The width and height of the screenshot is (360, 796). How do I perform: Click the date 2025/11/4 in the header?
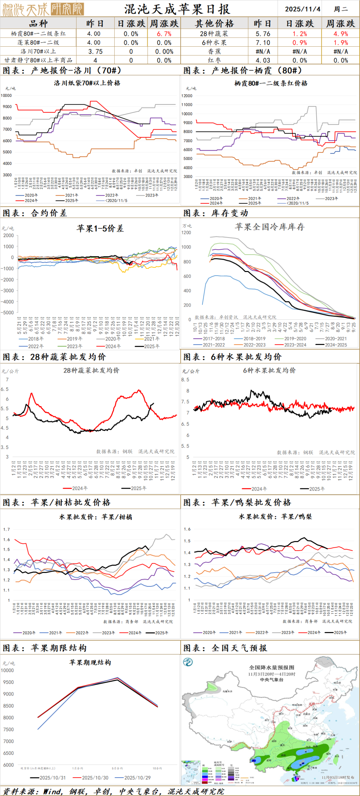[x=302, y=9]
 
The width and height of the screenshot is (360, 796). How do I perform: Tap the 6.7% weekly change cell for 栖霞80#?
[x=164, y=34]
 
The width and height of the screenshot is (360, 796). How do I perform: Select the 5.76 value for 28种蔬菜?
[x=263, y=34]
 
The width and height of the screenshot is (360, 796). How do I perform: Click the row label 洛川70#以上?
[x=38, y=51]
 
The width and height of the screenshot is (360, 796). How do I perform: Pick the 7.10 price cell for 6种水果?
[x=263, y=43]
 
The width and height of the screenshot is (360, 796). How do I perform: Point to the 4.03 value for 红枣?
[x=263, y=60]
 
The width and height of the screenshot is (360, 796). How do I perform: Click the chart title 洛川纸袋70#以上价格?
[x=87, y=83]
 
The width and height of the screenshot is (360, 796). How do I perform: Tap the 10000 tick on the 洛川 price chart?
[x=6, y=95]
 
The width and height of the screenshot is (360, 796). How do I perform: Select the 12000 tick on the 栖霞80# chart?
[x=187, y=96]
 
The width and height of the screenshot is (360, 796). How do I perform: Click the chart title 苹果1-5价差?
[x=100, y=228]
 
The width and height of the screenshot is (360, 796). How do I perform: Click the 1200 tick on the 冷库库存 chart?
[x=186, y=233]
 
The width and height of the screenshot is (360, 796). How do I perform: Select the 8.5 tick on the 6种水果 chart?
[x=185, y=380]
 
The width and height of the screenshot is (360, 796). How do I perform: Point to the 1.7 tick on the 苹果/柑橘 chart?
[x=7, y=529]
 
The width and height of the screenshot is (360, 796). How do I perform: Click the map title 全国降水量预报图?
[x=272, y=667]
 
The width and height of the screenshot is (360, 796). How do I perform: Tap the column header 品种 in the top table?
[x=38, y=23]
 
